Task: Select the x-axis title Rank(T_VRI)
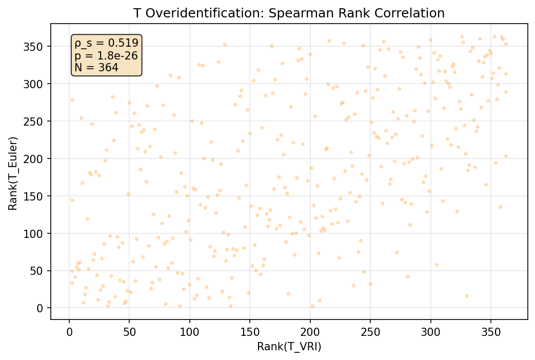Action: click(289, 347)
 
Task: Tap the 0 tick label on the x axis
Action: click(69, 332)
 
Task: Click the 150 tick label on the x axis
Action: click(250, 332)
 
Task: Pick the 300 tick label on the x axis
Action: click(430, 332)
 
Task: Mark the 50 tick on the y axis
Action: click(39, 271)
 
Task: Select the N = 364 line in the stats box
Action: click(96, 67)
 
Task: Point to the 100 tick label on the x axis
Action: click(190, 332)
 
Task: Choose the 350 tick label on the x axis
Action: click(490, 332)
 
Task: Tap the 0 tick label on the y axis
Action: click(42, 308)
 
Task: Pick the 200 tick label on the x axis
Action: click(310, 332)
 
